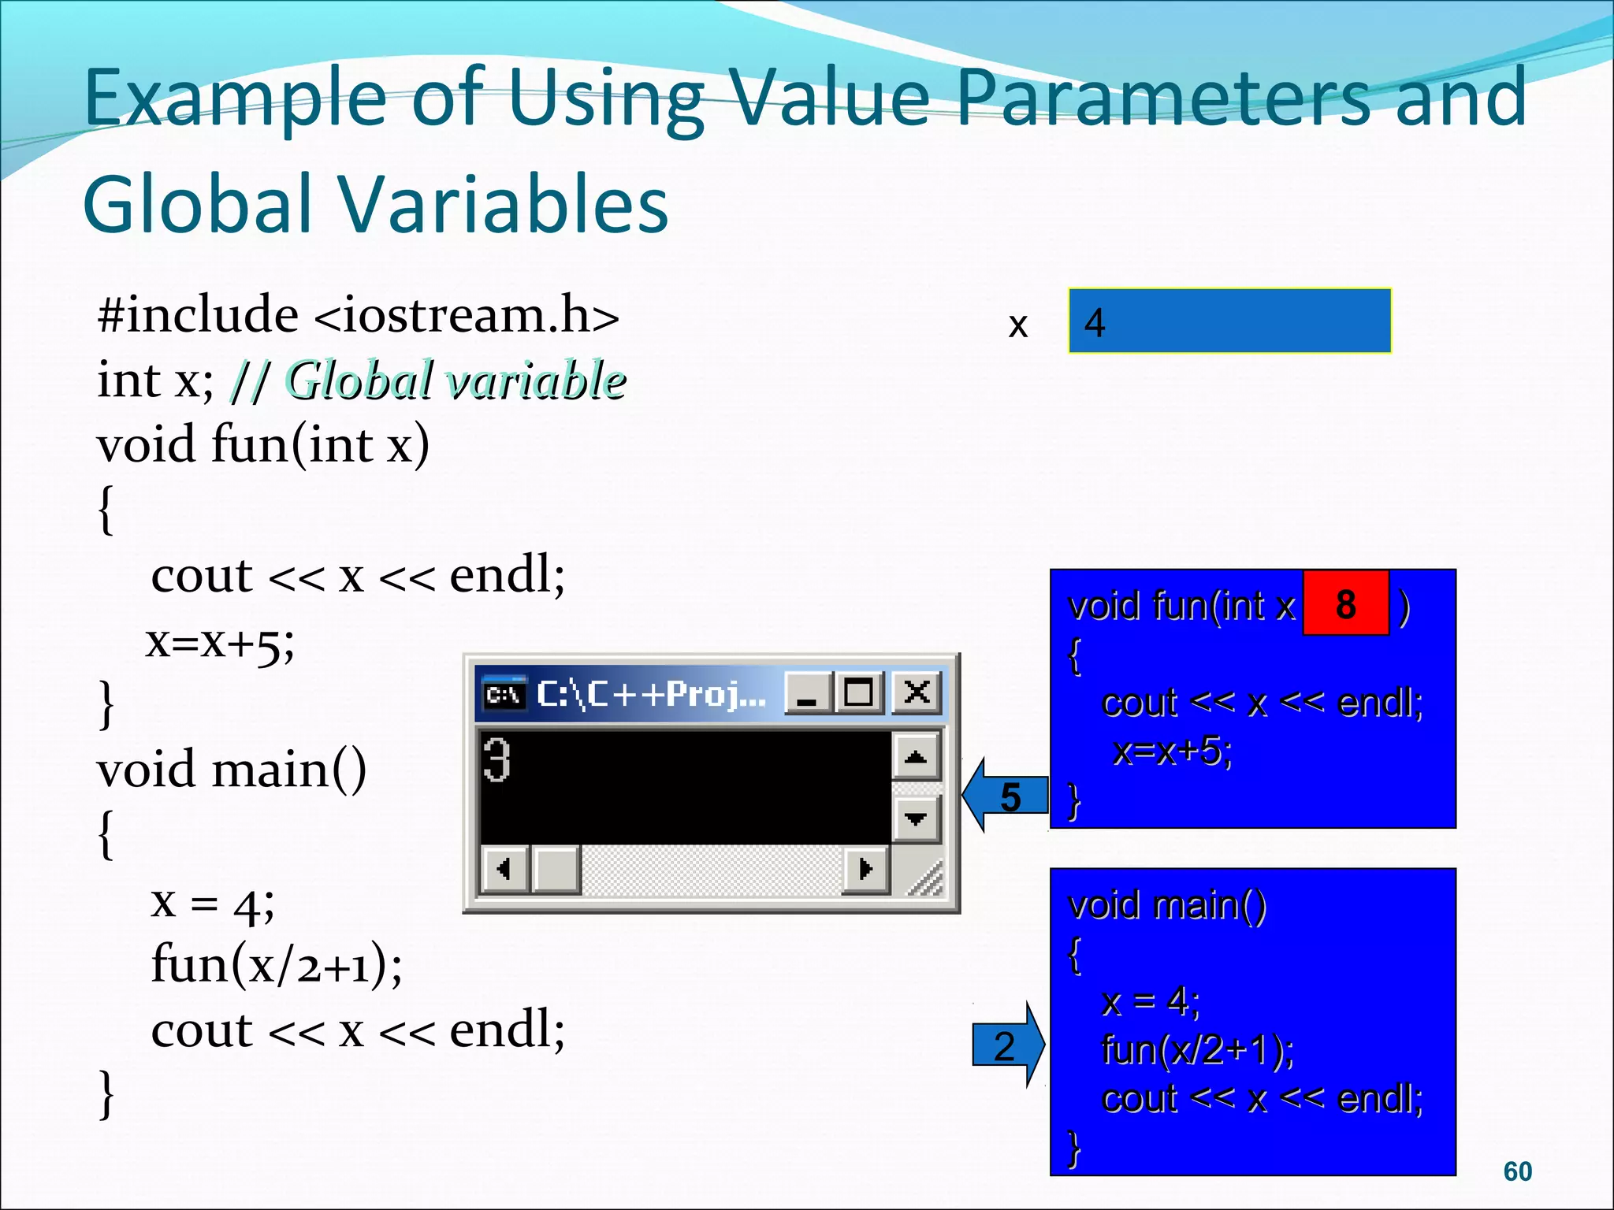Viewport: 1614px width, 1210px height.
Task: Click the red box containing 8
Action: pos(1345,603)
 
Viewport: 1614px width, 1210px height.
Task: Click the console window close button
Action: pos(916,693)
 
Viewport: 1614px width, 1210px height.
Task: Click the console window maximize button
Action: pos(858,693)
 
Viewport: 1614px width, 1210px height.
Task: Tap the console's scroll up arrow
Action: pos(915,758)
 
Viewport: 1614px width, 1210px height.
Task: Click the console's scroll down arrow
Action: pos(915,819)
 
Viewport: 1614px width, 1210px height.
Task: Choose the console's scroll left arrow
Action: pos(504,869)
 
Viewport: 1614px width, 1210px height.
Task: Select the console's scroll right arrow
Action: pos(865,869)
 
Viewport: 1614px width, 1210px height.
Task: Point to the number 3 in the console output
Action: pos(496,759)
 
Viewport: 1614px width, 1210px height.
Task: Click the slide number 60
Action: pos(1517,1171)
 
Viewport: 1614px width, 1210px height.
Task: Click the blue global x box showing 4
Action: pos(1229,321)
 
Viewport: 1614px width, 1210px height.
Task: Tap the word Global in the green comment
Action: pos(359,380)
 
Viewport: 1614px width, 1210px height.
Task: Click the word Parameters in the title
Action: pos(1166,98)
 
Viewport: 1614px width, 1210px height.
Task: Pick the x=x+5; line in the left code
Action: pos(220,643)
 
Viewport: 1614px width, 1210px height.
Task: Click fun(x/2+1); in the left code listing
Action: pos(276,964)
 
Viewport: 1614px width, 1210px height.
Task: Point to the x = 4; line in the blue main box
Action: pos(1150,1001)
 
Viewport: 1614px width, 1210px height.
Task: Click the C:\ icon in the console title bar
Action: pos(504,693)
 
